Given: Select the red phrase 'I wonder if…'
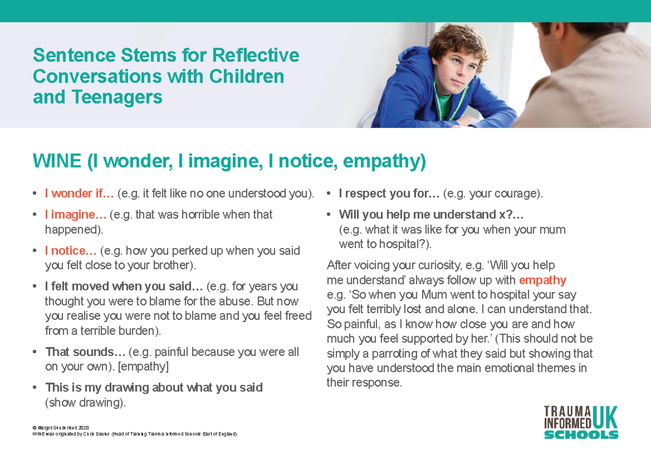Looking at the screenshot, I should [x=79, y=193].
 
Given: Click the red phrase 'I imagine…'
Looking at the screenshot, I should [x=75, y=215].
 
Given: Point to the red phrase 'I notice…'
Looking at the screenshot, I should [x=71, y=251].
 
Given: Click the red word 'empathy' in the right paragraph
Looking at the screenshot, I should [x=542, y=281].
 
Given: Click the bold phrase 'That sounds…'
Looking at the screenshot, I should [x=85, y=352].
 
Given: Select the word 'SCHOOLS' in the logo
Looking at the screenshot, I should [x=581, y=435].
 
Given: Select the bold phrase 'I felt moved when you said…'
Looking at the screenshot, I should [x=124, y=287].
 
